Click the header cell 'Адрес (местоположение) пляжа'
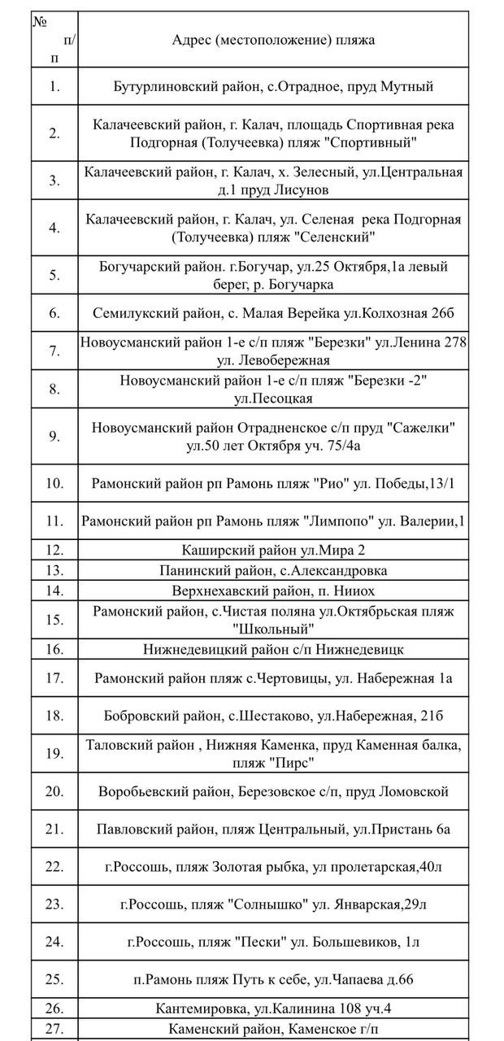(273, 40)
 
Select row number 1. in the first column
(54, 86)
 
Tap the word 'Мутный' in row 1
(406, 86)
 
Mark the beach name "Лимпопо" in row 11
(354, 520)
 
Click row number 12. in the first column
(54, 551)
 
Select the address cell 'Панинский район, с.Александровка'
(273, 571)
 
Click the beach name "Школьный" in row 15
(273, 629)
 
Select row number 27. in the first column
(54, 1029)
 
